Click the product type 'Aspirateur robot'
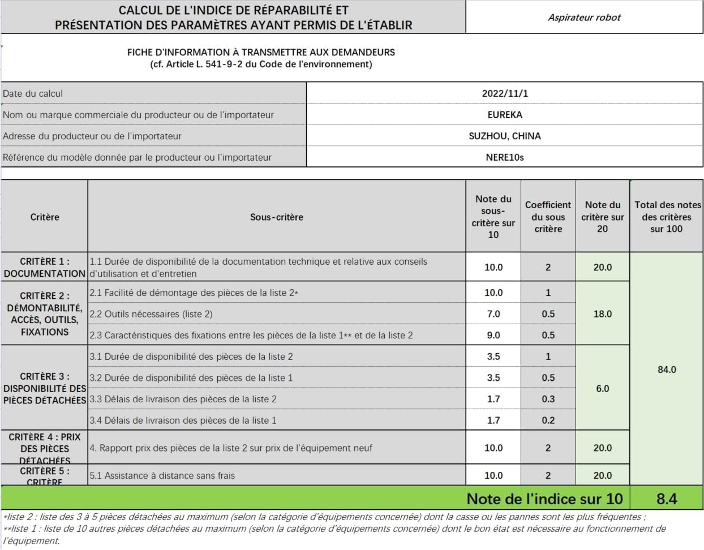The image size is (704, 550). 584,18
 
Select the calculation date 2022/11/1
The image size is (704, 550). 505,93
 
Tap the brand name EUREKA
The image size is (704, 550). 505,114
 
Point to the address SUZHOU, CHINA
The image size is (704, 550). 505,136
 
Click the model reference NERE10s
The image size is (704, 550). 505,157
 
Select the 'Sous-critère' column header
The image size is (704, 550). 277,217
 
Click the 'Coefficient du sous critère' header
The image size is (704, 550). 548,217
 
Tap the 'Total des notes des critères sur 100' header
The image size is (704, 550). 667,217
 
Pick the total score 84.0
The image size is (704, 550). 667,369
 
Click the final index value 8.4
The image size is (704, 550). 667,499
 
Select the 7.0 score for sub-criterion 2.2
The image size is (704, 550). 493,314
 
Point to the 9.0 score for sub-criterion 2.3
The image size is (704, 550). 493,335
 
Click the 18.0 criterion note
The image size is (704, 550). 602,314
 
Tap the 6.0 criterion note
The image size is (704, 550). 602,389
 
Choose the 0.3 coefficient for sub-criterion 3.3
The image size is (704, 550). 548,399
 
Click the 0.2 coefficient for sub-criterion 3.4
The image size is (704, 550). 548,420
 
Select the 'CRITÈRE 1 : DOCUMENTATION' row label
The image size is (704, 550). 45,267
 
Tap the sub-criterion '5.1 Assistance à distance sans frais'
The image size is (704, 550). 162,475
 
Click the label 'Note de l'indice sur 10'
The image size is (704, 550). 544,499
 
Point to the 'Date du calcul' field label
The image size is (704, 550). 33,93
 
